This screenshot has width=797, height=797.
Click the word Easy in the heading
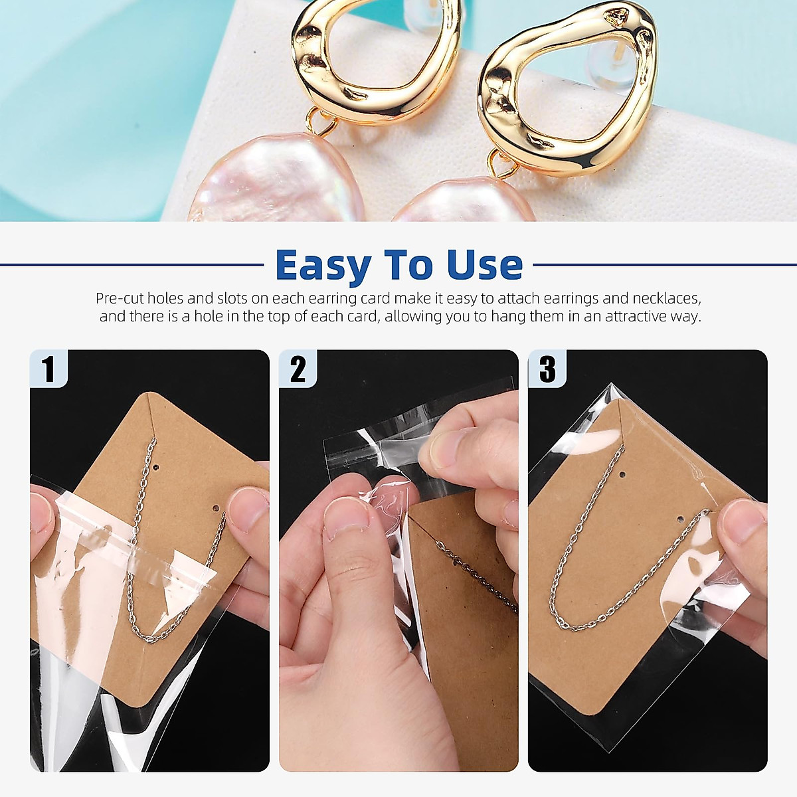click(323, 266)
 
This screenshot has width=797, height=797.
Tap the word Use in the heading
click(485, 265)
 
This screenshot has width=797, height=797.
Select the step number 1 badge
click(48, 369)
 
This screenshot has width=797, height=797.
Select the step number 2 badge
click(298, 369)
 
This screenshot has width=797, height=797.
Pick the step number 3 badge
click(547, 369)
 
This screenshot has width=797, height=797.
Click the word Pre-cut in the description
click(120, 298)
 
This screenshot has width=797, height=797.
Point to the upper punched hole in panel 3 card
click(622, 476)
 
